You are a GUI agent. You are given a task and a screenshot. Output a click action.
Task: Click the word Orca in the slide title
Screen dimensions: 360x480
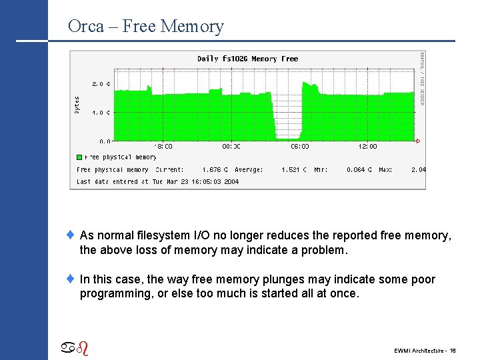85,27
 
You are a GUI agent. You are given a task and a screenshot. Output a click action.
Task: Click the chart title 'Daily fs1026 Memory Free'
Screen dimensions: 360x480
247,59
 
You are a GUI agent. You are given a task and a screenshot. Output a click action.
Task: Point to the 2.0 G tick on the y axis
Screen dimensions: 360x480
101,84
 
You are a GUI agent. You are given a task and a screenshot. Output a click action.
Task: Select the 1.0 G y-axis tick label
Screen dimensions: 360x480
101,113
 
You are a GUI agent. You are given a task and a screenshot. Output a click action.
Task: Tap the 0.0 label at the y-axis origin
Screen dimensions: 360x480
105,141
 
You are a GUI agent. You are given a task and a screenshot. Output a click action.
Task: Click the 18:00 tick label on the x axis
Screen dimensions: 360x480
163,147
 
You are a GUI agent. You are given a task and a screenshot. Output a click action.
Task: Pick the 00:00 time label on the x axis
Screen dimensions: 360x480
231,147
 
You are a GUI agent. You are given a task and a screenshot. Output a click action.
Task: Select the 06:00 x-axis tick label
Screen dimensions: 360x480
300,147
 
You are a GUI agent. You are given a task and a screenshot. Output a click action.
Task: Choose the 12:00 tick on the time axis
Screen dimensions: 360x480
368,147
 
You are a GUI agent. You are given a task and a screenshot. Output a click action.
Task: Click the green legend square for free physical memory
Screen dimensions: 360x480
79,158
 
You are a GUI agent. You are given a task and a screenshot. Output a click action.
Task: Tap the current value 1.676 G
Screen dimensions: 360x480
215,170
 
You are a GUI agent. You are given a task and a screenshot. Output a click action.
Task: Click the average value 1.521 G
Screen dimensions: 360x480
294,170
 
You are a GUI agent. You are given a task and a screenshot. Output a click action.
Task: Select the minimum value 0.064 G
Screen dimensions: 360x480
359,170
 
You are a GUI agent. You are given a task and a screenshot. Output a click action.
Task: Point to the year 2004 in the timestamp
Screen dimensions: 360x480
231,181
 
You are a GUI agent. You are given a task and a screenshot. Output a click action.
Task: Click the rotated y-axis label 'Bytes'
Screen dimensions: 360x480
77,104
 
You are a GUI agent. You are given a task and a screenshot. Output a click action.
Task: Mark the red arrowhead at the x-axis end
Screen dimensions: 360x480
418,141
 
